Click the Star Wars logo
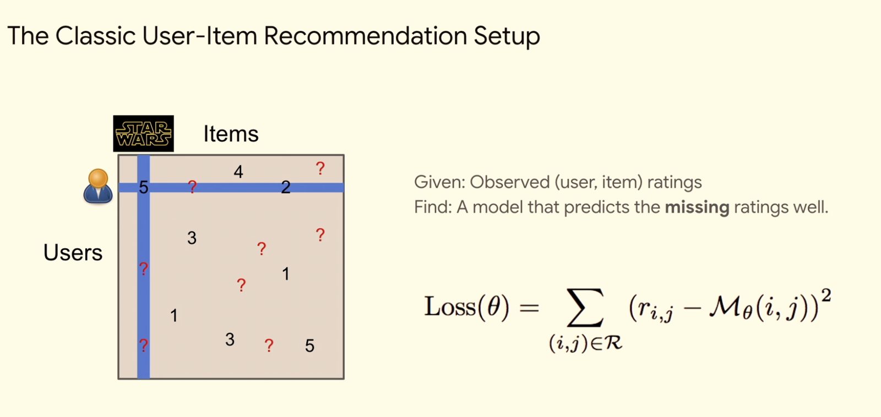(x=144, y=134)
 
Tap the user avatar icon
(x=98, y=186)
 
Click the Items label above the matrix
(x=231, y=134)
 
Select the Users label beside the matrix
(x=73, y=253)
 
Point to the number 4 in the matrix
(x=238, y=172)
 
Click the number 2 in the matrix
(x=286, y=187)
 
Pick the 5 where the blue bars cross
(x=144, y=188)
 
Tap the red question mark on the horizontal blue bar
(x=192, y=186)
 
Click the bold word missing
(x=697, y=207)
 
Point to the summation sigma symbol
(x=585, y=308)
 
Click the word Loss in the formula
(x=450, y=306)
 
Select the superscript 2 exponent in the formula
(x=826, y=295)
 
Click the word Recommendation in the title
(x=366, y=36)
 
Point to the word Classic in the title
(x=96, y=36)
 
